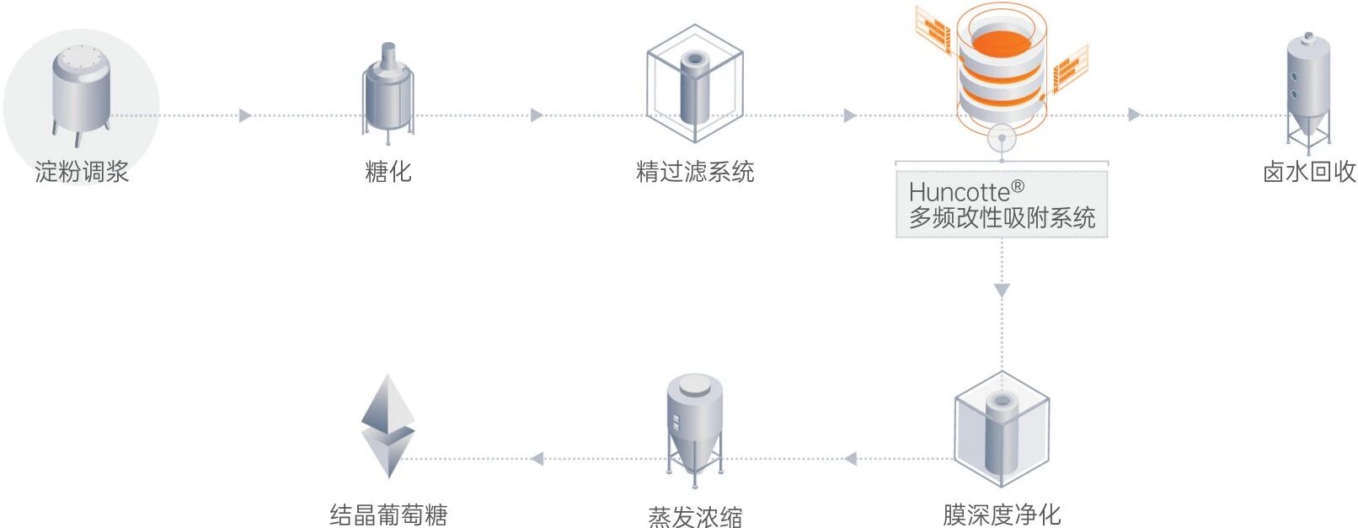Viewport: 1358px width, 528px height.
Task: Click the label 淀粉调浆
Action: pyautogui.click(x=82, y=172)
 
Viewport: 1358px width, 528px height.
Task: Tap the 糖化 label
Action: pyautogui.click(x=388, y=172)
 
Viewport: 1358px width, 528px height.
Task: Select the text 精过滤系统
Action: pyautogui.click(x=695, y=172)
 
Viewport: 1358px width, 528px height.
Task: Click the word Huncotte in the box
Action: pyautogui.click(x=959, y=192)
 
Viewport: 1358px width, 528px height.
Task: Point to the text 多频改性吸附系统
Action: pyautogui.click(x=1002, y=218)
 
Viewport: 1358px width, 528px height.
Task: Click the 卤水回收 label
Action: pyautogui.click(x=1309, y=172)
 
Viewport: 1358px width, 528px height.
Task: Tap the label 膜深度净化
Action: pyautogui.click(x=1002, y=514)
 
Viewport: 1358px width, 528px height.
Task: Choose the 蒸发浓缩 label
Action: pyautogui.click(x=695, y=515)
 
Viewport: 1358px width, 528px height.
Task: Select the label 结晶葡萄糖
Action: pyautogui.click(x=388, y=514)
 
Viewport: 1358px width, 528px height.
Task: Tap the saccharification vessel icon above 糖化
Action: pyautogui.click(x=388, y=91)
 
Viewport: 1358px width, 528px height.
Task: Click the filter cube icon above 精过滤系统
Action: pyautogui.click(x=695, y=84)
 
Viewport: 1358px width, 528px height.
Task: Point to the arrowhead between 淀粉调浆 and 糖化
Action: pyautogui.click(x=245, y=115)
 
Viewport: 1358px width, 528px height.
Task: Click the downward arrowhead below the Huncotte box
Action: pyautogui.click(x=1002, y=291)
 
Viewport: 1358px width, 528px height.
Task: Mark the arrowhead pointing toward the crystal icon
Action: pyautogui.click(x=537, y=459)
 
